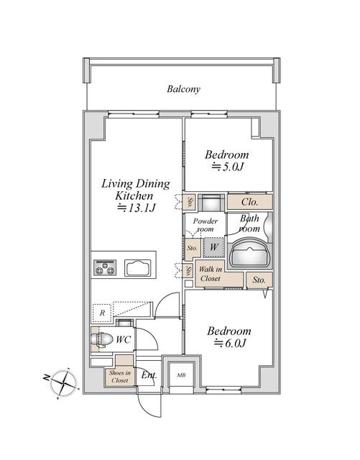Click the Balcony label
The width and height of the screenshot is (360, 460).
(183, 90)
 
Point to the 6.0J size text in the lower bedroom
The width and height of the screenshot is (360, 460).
(230, 344)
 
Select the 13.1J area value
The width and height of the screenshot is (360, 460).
(137, 208)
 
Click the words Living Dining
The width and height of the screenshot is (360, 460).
(135, 184)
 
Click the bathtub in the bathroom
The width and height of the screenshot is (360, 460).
(249, 252)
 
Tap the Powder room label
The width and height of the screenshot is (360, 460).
(206, 226)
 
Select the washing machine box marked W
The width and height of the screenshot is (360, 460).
(213, 248)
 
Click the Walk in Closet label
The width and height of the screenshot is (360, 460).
(210, 274)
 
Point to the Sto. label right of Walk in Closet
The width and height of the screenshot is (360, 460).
(259, 279)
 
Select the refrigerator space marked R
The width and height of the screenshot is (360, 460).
(103, 313)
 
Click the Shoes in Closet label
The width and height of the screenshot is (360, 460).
(119, 376)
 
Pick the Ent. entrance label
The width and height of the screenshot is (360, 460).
(149, 374)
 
